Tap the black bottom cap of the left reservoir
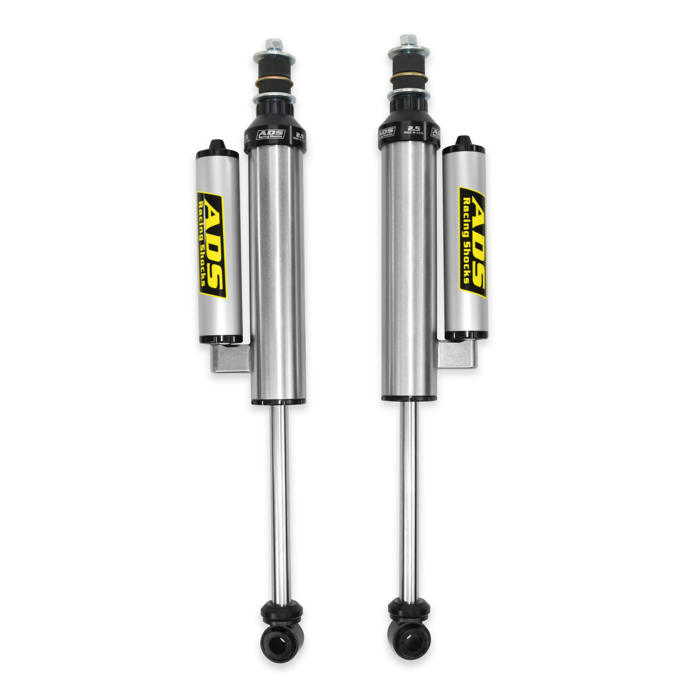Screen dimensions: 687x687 221,339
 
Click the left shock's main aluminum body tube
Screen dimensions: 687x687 278,270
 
